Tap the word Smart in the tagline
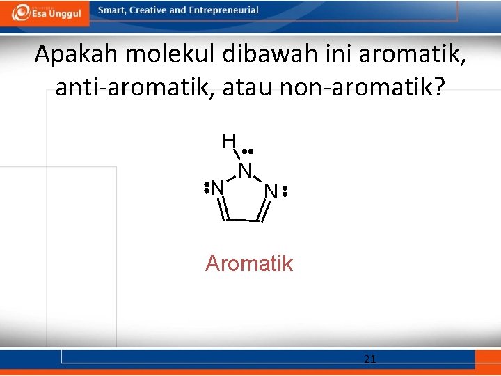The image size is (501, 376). click(x=112, y=10)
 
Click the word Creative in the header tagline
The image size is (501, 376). click(x=149, y=10)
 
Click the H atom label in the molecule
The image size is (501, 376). click(x=229, y=141)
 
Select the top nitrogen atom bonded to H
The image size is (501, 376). click(x=245, y=170)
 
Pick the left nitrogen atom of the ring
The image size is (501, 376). click(x=218, y=188)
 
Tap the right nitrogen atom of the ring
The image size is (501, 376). click(x=271, y=191)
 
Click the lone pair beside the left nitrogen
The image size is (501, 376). click(x=207, y=188)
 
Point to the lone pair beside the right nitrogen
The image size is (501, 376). click(x=285, y=191)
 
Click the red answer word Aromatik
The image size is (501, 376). click(x=249, y=263)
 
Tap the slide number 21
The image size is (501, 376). click(x=370, y=359)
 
